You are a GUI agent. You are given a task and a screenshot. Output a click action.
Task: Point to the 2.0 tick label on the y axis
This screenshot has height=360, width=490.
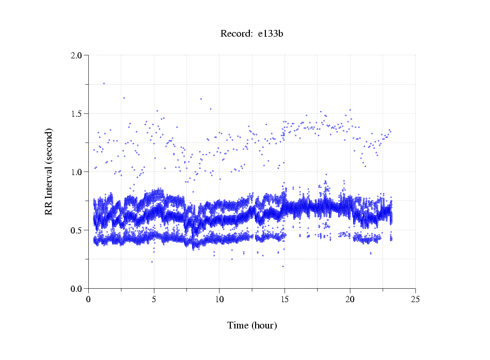[x=76, y=55]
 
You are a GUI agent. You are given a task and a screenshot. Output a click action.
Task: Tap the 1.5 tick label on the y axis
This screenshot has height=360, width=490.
[x=76, y=113]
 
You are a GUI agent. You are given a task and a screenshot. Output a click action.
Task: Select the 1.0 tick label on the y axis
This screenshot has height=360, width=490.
[x=76, y=171]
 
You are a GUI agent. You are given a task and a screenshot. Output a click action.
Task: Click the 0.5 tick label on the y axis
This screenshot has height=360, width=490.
[x=76, y=230]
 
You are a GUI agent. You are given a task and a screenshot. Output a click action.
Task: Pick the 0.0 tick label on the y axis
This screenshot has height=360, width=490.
[x=76, y=288]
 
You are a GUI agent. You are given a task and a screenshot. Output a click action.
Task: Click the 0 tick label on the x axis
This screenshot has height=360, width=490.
[x=89, y=299]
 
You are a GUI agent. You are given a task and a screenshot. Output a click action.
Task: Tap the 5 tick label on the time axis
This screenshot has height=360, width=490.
[x=154, y=299]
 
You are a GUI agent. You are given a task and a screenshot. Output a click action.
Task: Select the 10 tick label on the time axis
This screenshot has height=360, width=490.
[x=219, y=299]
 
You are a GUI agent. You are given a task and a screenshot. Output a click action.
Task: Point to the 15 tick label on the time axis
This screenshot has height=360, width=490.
[x=284, y=299]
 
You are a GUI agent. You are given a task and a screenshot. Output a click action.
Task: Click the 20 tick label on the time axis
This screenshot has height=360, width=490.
[x=350, y=299]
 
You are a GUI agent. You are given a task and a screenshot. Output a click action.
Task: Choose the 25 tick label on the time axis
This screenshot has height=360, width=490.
[x=415, y=299]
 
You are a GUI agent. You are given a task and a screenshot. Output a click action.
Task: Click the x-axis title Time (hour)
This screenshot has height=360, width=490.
[x=252, y=325]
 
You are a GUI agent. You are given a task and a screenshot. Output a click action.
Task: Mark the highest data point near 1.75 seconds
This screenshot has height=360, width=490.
[x=104, y=83]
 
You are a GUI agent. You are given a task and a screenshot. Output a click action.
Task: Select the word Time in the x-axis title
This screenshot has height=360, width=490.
[x=238, y=325]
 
